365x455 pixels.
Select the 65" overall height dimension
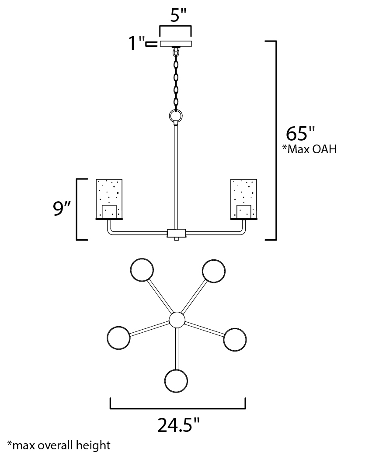pos(300,133)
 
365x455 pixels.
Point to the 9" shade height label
pos(62,209)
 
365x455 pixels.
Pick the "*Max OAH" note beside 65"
pos(309,150)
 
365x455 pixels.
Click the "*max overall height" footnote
pos(59,445)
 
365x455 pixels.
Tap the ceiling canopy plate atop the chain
pos(176,43)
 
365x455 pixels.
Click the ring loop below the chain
pos(176,117)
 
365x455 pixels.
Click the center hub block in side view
pos(176,233)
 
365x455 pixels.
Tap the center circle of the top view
pos(177,320)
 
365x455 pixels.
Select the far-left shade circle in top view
pos(118,338)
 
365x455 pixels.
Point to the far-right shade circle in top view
pos(235,338)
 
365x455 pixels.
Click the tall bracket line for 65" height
pos(276,140)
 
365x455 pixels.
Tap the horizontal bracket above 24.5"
pos(177,408)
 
